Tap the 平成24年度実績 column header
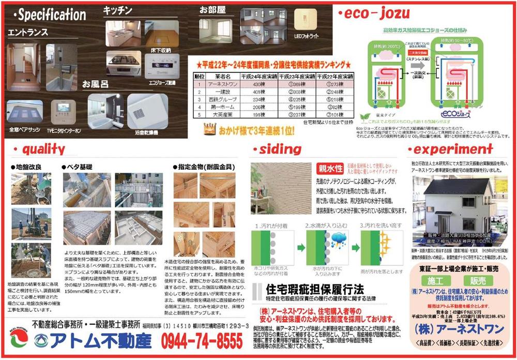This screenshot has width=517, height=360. click(x=254, y=76)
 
